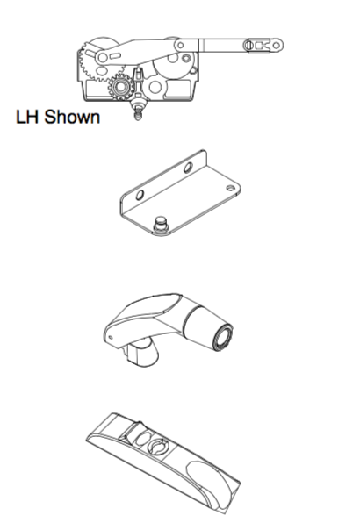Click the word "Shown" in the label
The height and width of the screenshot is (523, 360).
click(72, 117)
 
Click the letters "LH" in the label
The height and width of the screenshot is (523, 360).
click(28, 117)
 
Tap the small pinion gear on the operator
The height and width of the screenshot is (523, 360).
click(120, 87)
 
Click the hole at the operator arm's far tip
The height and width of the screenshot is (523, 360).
click(277, 45)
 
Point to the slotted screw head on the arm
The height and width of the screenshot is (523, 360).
click(248, 45)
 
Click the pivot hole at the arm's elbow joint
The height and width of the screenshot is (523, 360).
click(180, 45)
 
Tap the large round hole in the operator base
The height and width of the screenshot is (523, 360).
click(155, 87)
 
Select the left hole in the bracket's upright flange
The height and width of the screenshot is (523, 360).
click(140, 195)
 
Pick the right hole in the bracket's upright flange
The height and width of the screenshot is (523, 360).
click(188, 167)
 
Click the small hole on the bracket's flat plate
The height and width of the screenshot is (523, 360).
click(231, 188)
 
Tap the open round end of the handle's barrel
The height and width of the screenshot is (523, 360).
click(222, 337)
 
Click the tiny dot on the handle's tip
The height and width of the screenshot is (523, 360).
click(112, 338)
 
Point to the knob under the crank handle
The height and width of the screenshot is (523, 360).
click(141, 354)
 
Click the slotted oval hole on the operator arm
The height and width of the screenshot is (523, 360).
click(115, 55)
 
